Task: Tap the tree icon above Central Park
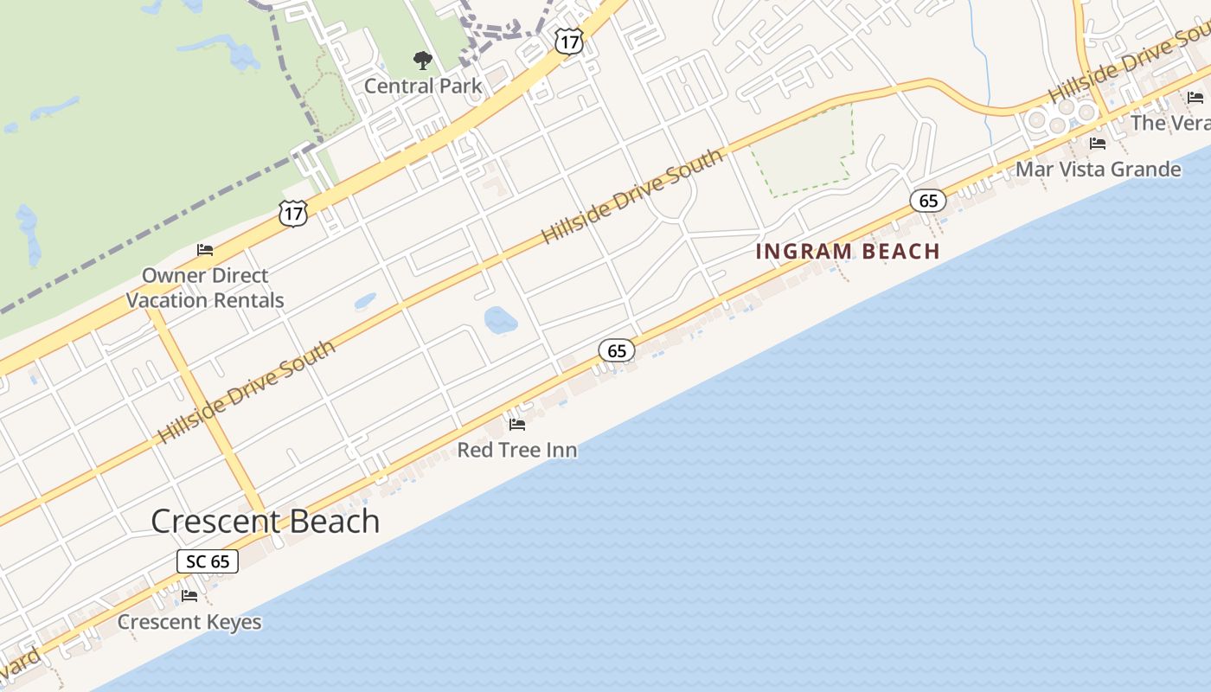coord(422,61)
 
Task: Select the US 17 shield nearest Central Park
coord(568,41)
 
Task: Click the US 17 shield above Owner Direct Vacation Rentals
coord(293,213)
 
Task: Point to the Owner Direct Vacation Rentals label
coord(205,288)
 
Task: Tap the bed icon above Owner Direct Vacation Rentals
coord(205,250)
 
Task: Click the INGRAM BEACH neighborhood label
coord(848,252)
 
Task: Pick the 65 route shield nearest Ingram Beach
coord(928,202)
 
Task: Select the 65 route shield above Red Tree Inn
coord(616,350)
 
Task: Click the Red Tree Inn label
coord(516,450)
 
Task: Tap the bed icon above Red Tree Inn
coord(517,425)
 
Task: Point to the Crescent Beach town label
coord(265,521)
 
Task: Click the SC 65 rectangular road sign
coord(208,561)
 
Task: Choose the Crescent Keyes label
coord(189,622)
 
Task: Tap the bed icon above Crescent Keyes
coord(189,596)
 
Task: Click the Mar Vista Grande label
coord(1098,169)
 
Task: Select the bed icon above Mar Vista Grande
coord(1098,144)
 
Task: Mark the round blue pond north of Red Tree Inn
coord(501,320)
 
